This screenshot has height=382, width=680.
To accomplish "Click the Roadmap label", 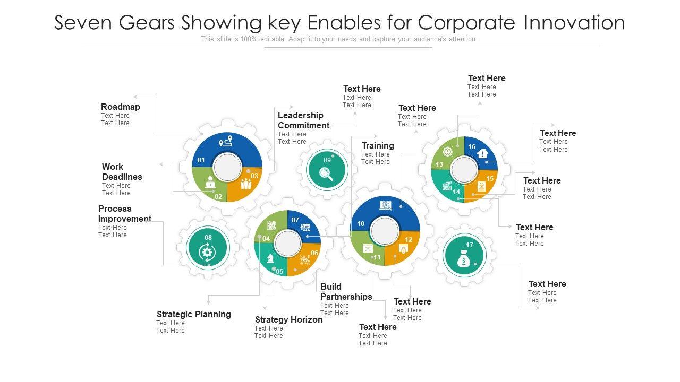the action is coord(121,107).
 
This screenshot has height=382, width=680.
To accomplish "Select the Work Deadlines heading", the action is coord(122,172).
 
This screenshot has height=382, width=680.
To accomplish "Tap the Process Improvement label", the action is coord(124,214).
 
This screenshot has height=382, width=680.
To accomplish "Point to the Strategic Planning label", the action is coord(193,315).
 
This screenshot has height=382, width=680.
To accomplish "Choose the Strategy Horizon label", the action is coord(288,320).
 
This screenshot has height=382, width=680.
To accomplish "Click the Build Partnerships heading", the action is coord(346,292).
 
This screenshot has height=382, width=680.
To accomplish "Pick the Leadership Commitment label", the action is coord(303,120).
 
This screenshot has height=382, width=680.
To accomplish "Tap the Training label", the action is coord(378,146).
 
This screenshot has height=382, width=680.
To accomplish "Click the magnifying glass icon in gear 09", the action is coord(326,173).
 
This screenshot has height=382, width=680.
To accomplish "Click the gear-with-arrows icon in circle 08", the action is coord(207,252).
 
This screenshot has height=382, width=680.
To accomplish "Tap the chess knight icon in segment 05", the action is coord(270,258).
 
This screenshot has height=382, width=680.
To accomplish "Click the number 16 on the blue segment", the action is coord(472,147).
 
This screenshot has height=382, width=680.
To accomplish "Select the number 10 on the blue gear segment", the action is coord(361,224).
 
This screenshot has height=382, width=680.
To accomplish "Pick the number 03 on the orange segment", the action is coord(254,176).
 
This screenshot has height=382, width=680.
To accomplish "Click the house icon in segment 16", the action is coord(482,153).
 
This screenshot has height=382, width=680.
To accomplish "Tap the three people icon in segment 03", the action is coord(245,185).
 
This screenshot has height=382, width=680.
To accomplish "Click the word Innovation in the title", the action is coord(574,22).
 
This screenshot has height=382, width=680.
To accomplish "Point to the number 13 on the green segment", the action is coord(439,164).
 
